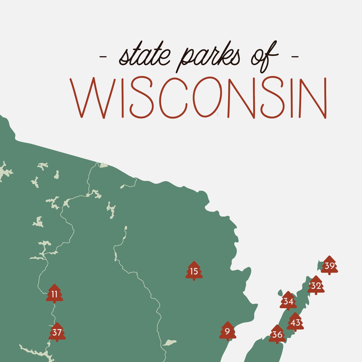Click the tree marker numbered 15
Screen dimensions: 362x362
[x=194, y=271]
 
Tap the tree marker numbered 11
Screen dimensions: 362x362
[x=55, y=294]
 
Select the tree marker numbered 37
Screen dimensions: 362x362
[x=57, y=332]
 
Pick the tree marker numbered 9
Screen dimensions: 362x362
[x=227, y=332]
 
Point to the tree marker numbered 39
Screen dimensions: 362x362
[x=329, y=265]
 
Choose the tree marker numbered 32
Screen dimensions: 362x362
[x=316, y=286]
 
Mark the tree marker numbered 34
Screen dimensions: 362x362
[x=288, y=301]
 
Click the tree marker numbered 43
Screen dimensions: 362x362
[x=295, y=323]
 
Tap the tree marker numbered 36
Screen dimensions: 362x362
[x=277, y=334]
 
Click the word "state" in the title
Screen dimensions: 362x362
[x=145, y=56]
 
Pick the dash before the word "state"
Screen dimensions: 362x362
[x=103, y=57]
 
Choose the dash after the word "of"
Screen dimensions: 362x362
[x=295, y=57]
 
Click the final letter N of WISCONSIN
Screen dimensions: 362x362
[x=313, y=97]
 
